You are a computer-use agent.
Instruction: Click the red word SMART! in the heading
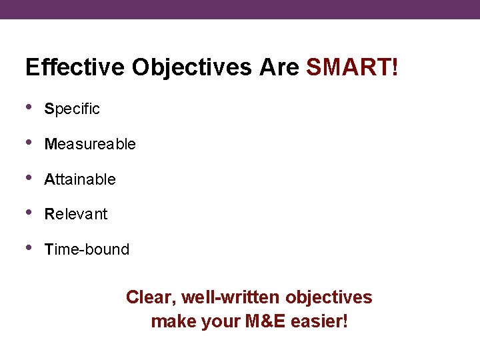[352, 67]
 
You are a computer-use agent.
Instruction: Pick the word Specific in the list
[72, 109]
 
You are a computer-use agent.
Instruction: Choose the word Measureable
[90, 144]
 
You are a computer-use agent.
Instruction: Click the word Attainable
[80, 179]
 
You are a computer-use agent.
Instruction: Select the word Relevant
[75, 214]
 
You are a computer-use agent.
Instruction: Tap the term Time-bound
[87, 249]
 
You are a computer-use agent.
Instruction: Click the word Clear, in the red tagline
[151, 297]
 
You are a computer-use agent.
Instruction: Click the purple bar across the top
[240, 9]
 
